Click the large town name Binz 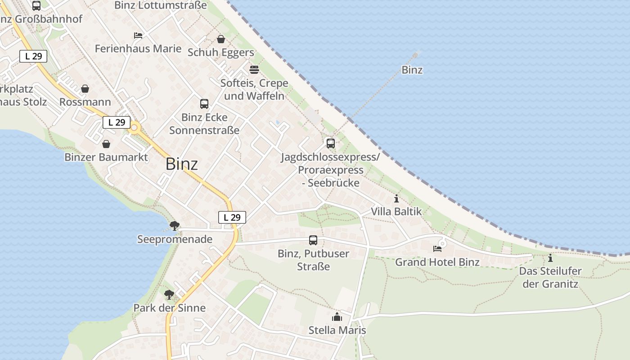(181, 164)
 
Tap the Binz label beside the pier (412, 70)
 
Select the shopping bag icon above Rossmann (85, 89)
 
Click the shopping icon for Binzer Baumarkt (106, 144)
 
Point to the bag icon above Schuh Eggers (221, 40)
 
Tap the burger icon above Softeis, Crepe (254, 70)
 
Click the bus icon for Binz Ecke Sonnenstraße (204, 104)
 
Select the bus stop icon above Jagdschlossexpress (331, 144)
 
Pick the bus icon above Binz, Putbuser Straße (313, 240)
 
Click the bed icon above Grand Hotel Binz (437, 248)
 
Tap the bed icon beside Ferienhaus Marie (138, 35)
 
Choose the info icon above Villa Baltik (396, 198)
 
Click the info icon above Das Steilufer (550, 258)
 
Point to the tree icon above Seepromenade (175, 225)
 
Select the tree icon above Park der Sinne (169, 295)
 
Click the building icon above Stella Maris (337, 317)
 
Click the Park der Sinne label (169, 308)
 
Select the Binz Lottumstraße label (161, 5)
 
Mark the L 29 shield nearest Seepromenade (232, 217)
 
